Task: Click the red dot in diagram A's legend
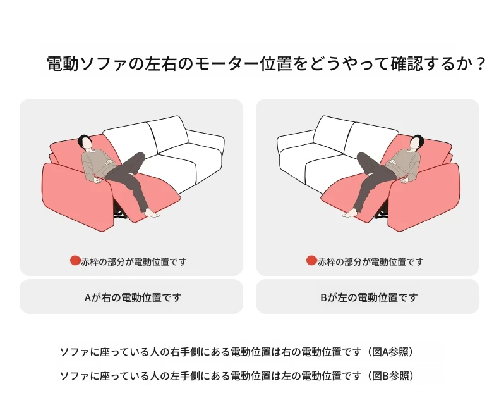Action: coord(75,261)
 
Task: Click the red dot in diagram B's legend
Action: coord(311,261)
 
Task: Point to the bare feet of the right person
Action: coord(350,213)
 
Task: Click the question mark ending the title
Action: coord(480,64)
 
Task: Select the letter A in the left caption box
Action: coord(88,297)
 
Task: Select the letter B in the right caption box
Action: coord(323,297)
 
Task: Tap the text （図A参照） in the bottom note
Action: coord(390,352)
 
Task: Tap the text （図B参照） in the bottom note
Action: coord(390,377)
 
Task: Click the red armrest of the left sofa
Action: coord(76,194)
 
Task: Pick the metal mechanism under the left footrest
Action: coord(119,210)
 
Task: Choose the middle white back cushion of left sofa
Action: coord(169,135)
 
